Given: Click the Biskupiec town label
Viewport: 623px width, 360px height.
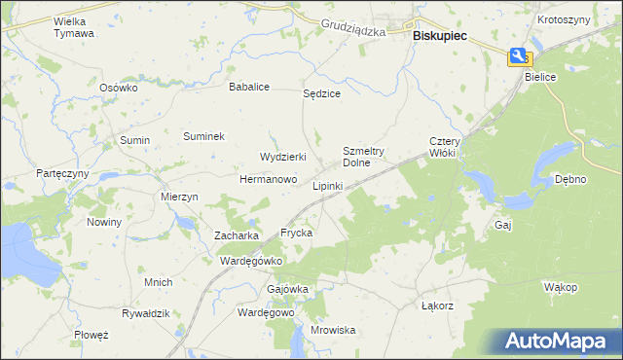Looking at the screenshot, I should [x=440, y=35].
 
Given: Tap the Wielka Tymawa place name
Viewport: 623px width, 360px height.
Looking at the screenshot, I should [x=74, y=26].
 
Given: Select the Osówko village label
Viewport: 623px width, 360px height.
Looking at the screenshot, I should [x=120, y=87].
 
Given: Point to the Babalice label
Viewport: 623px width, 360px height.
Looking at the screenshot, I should [x=248, y=87].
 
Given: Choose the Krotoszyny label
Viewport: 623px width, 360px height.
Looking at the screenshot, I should [x=563, y=19].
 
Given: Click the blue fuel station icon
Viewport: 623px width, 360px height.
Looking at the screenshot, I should [x=519, y=57].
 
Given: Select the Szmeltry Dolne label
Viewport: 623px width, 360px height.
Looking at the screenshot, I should [x=364, y=157].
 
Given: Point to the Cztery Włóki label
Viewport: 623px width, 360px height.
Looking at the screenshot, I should [x=444, y=147].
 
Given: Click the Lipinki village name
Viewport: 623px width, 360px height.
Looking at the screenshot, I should [x=327, y=185].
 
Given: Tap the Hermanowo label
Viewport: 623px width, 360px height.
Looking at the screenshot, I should [x=268, y=180].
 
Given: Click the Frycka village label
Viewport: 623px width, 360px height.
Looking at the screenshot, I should [x=296, y=234].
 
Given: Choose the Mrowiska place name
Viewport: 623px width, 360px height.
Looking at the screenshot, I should [x=333, y=330].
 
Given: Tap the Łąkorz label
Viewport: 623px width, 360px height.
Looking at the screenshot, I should [x=438, y=306].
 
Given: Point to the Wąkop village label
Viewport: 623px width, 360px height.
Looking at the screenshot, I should [x=561, y=287].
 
